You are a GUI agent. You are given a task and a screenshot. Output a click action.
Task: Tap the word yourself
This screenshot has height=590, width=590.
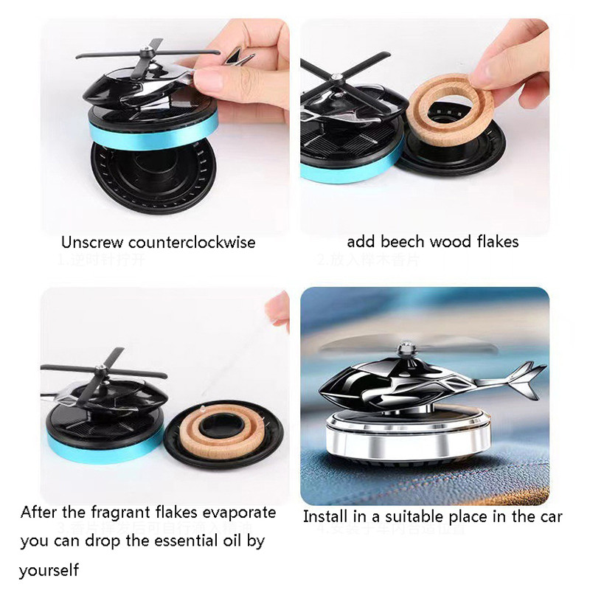[49, 570]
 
